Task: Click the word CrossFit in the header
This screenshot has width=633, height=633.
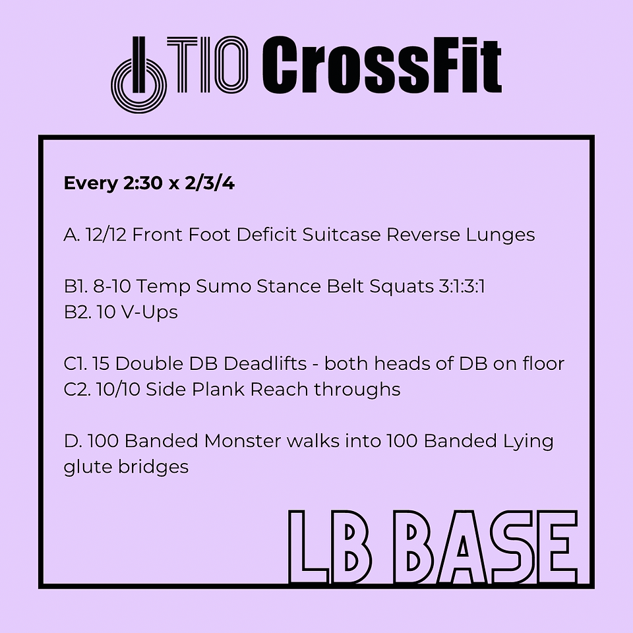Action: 382,65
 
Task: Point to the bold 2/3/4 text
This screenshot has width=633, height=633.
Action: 210,183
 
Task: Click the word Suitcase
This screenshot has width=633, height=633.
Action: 342,235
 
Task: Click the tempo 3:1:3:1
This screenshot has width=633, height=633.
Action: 462,286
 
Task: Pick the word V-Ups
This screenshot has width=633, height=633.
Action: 149,313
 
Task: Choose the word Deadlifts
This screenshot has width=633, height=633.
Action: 265,363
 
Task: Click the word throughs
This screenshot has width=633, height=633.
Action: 357,390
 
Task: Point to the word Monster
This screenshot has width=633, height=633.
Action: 243,441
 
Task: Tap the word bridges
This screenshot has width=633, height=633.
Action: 154,467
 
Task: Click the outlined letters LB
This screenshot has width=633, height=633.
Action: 330,547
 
